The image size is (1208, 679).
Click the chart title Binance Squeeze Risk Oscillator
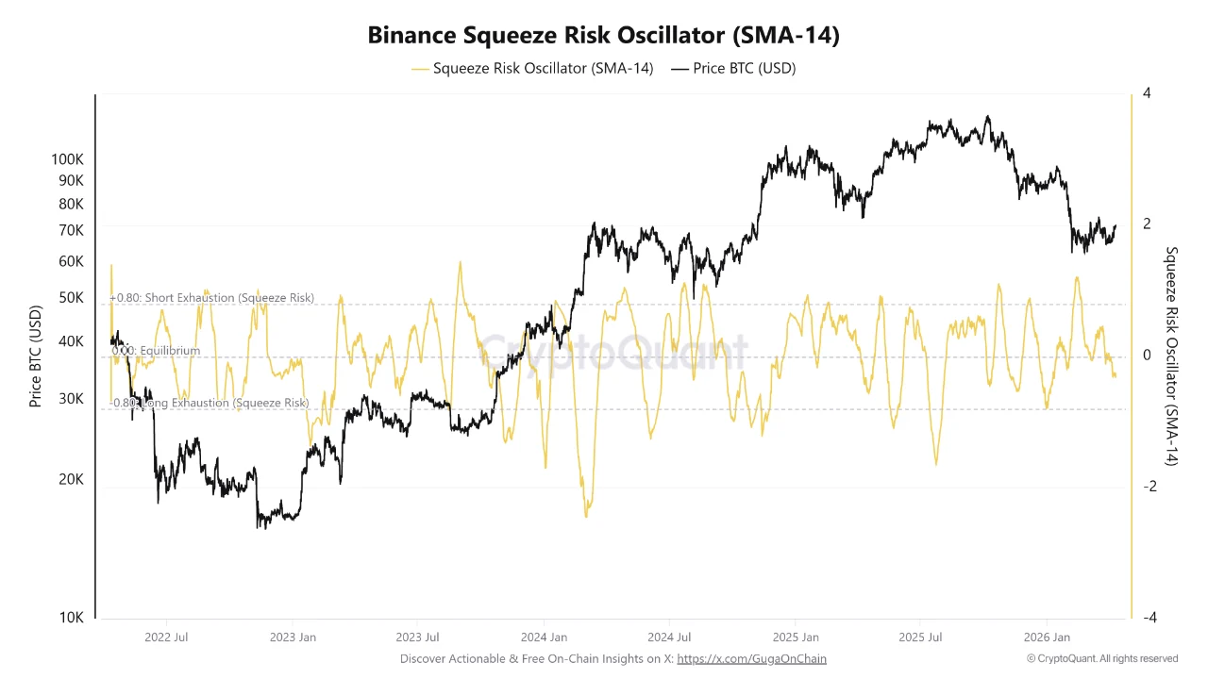tap(603, 36)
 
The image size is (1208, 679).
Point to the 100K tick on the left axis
tap(67, 159)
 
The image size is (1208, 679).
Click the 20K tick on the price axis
tap(72, 479)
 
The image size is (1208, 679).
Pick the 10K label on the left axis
tap(72, 618)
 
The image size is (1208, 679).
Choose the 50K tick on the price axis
tap(72, 298)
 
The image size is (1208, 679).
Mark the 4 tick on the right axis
tap(1146, 93)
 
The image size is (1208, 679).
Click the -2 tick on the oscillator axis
tap(1149, 487)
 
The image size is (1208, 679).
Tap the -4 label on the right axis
tap(1149, 618)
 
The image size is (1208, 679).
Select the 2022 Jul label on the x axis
tap(167, 638)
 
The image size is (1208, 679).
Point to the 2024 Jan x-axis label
tap(545, 638)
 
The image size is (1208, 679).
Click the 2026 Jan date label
tap(1048, 638)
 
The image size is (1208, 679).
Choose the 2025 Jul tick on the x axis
tap(923, 638)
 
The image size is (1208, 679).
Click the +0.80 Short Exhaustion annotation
tap(212, 298)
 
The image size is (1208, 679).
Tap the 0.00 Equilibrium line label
tap(156, 351)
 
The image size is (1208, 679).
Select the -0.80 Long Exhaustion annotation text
tap(210, 403)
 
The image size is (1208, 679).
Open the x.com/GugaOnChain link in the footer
tap(751, 658)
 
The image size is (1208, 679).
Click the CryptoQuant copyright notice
tap(1102, 658)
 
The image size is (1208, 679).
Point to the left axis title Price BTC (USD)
tap(36, 356)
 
